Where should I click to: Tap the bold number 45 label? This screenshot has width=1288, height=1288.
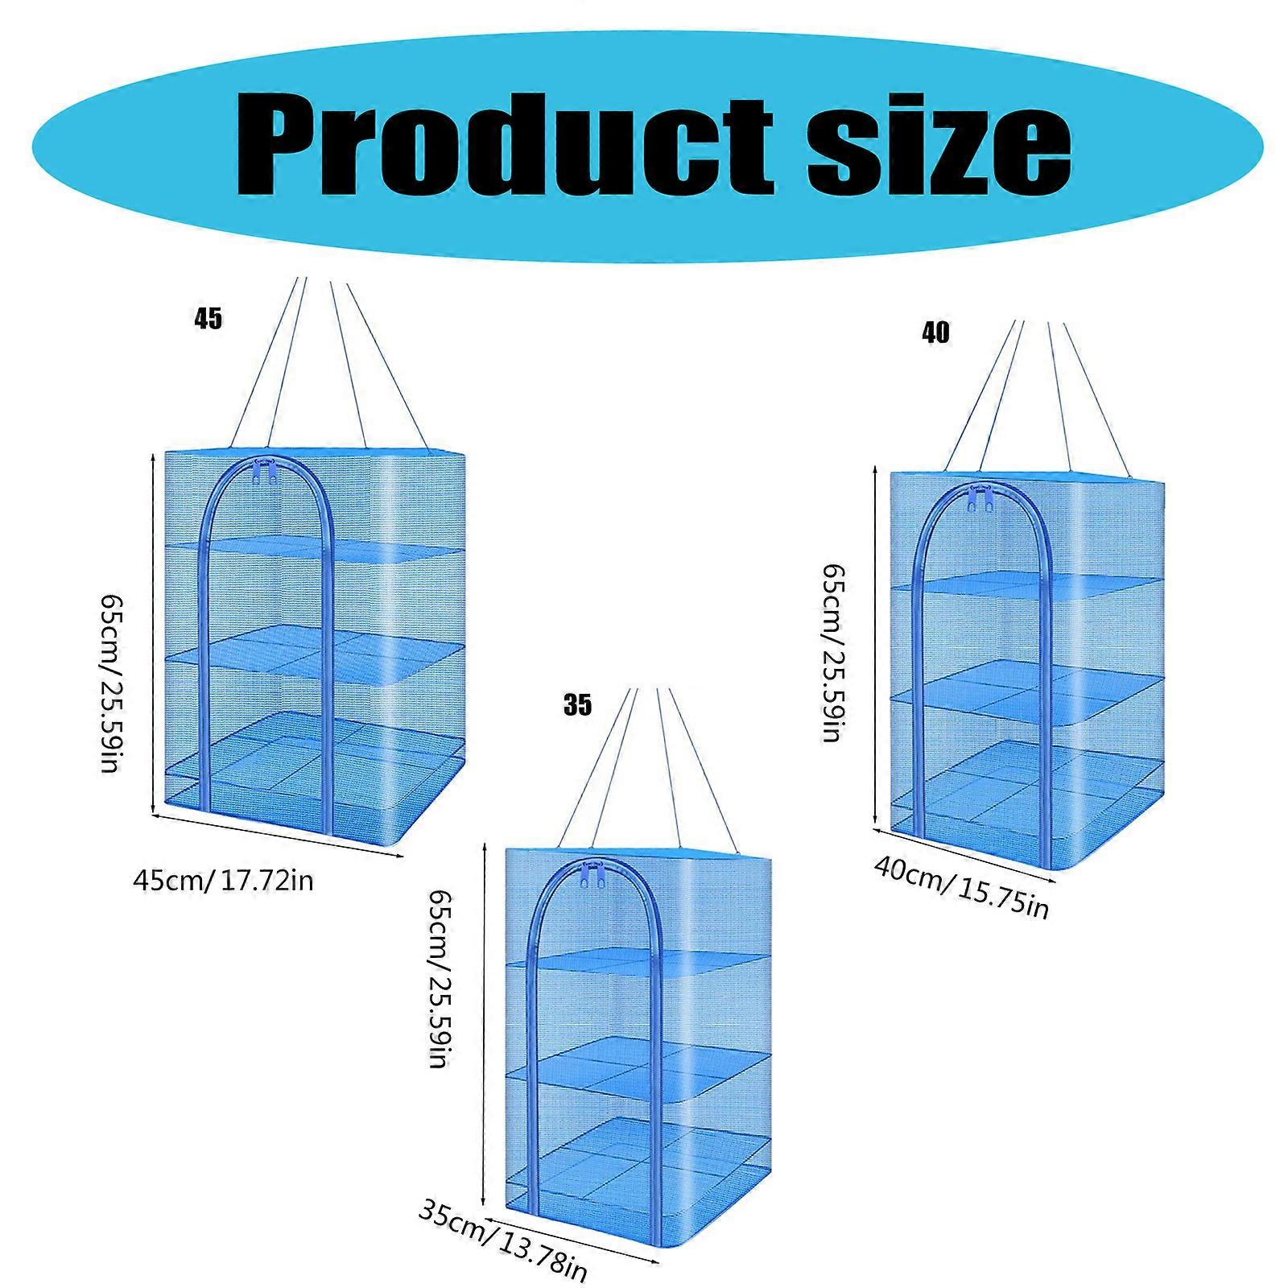coord(208,319)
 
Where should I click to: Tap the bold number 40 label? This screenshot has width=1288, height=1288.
coord(935,332)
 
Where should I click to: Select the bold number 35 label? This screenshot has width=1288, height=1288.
coord(577,705)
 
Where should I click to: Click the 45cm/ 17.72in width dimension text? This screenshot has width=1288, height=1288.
coord(223,881)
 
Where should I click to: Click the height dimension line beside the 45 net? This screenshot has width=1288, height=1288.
coord(153,634)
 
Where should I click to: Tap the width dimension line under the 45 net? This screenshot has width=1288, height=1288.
coord(277,836)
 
